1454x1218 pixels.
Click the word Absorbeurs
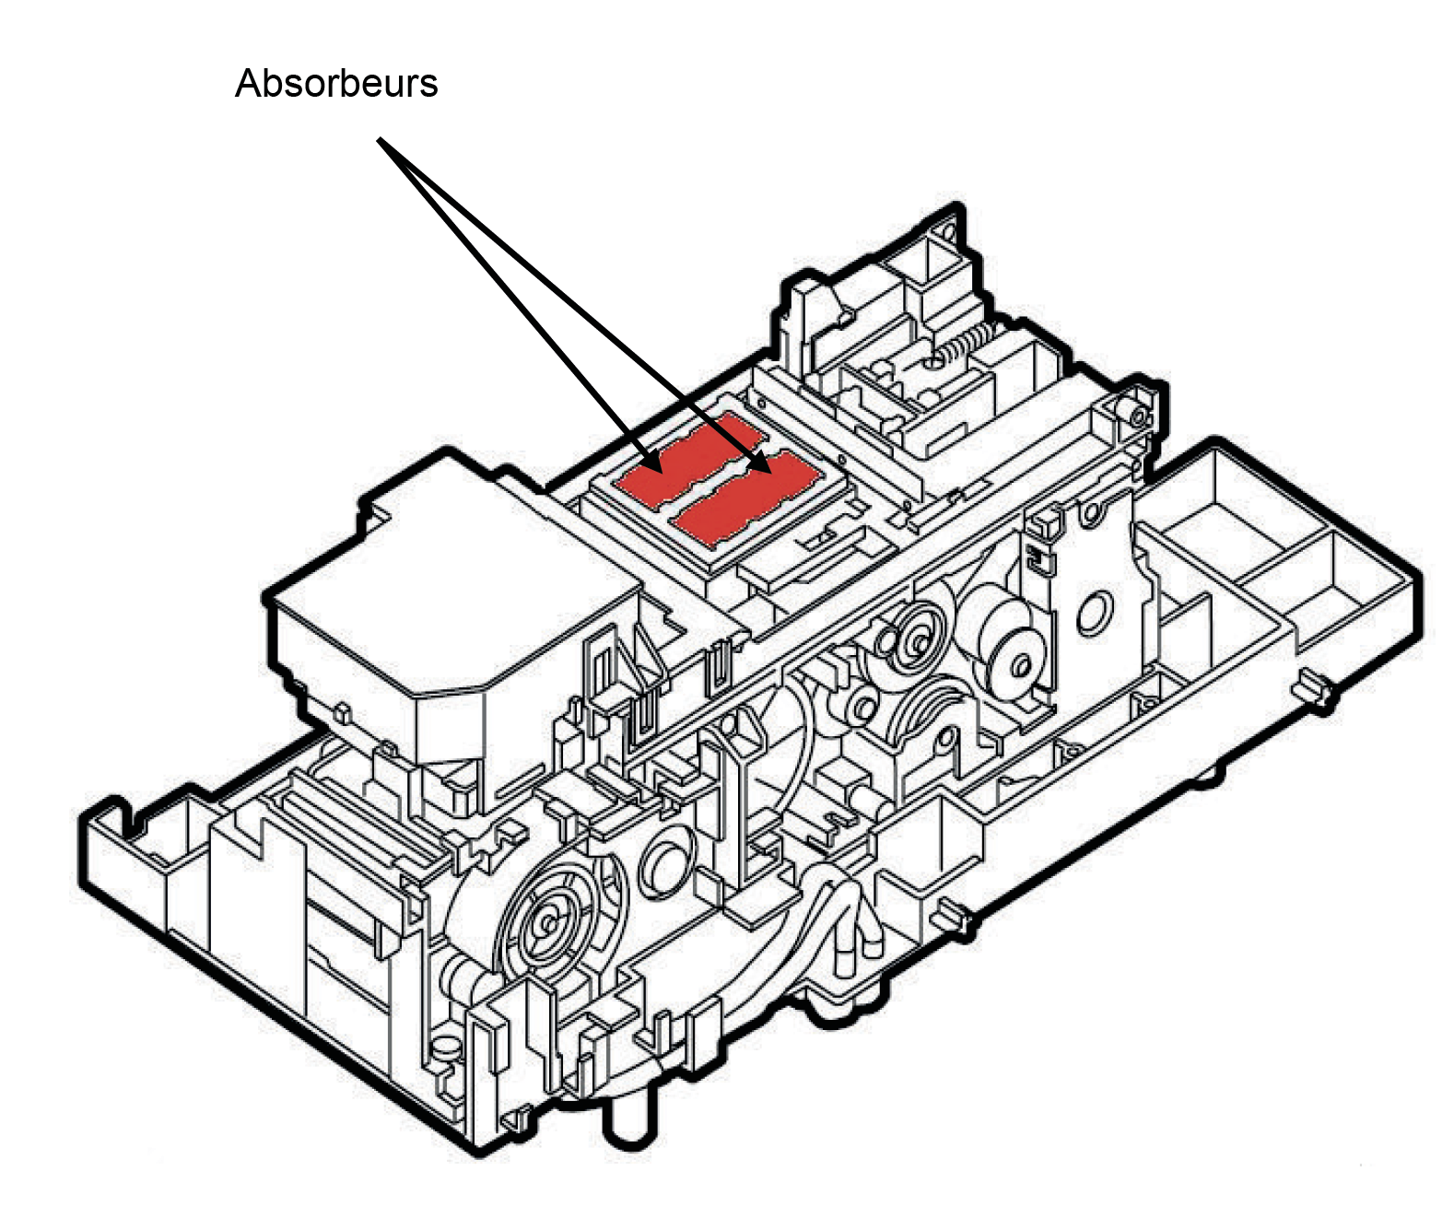pyautogui.click(x=336, y=84)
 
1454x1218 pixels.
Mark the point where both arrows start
pyautogui.click(x=379, y=141)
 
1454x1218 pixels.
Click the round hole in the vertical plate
pyautogui.click(x=1094, y=612)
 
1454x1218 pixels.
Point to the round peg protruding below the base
pyautogui.click(x=623, y=1120)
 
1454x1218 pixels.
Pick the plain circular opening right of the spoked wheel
pyautogui.click(x=662, y=864)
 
